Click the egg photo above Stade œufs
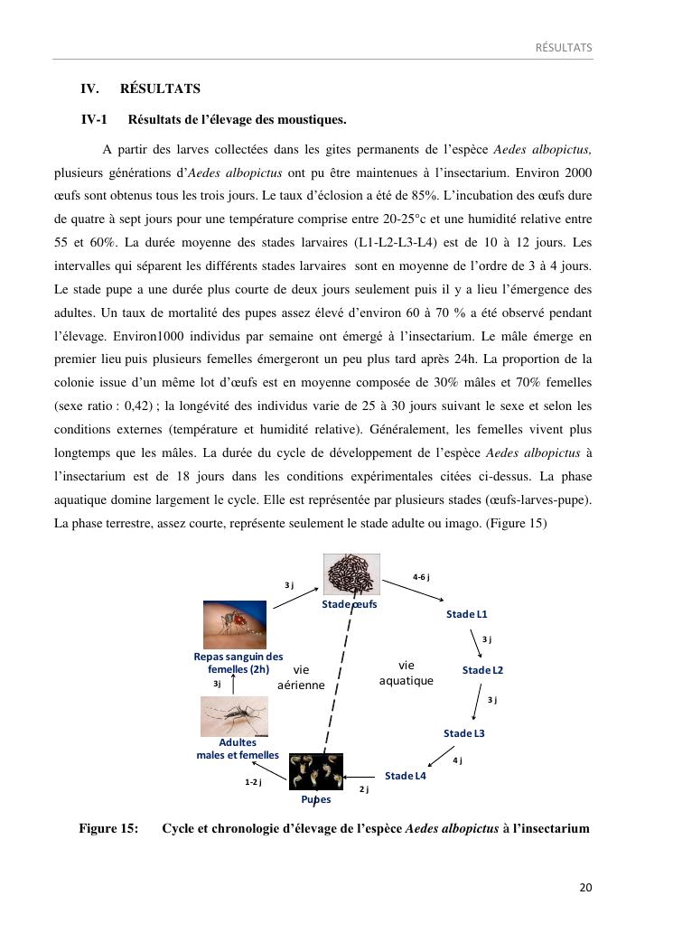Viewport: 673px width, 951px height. (x=351, y=574)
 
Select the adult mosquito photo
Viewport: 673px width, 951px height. (x=233, y=716)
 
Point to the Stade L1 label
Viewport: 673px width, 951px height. (x=466, y=614)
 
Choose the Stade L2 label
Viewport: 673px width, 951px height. (x=482, y=670)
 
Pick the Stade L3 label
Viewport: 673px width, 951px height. (x=464, y=733)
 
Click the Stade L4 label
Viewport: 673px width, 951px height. (x=405, y=776)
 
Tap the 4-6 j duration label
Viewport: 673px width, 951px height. (x=421, y=577)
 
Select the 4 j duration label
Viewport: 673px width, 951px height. (x=457, y=760)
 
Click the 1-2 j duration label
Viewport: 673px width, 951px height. (x=253, y=782)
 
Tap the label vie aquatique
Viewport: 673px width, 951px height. (x=407, y=674)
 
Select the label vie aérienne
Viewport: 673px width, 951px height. (x=301, y=677)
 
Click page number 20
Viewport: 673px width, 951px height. (x=585, y=887)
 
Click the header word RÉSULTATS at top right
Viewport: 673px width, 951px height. (x=564, y=47)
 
